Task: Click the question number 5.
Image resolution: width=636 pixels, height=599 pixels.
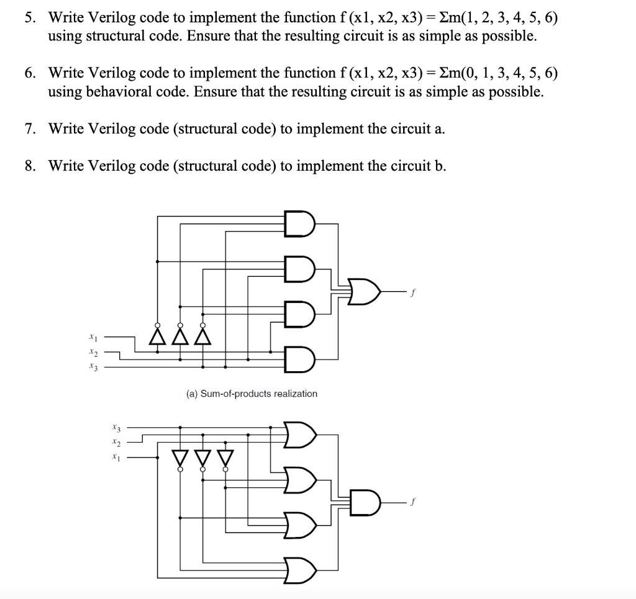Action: [x=29, y=17]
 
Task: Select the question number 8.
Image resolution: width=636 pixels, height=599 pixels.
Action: [x=29, y=166]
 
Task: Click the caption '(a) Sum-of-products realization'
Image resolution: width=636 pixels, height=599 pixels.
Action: [x=251, y=394]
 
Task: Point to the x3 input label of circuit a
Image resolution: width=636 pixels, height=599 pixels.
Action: [x=93, y=367]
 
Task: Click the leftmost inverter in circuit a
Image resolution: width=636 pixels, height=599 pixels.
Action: [x=157, y=335]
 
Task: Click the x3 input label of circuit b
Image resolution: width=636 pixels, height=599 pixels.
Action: [x=115, y=428]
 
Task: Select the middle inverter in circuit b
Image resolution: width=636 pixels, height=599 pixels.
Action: [x=202, y=459]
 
